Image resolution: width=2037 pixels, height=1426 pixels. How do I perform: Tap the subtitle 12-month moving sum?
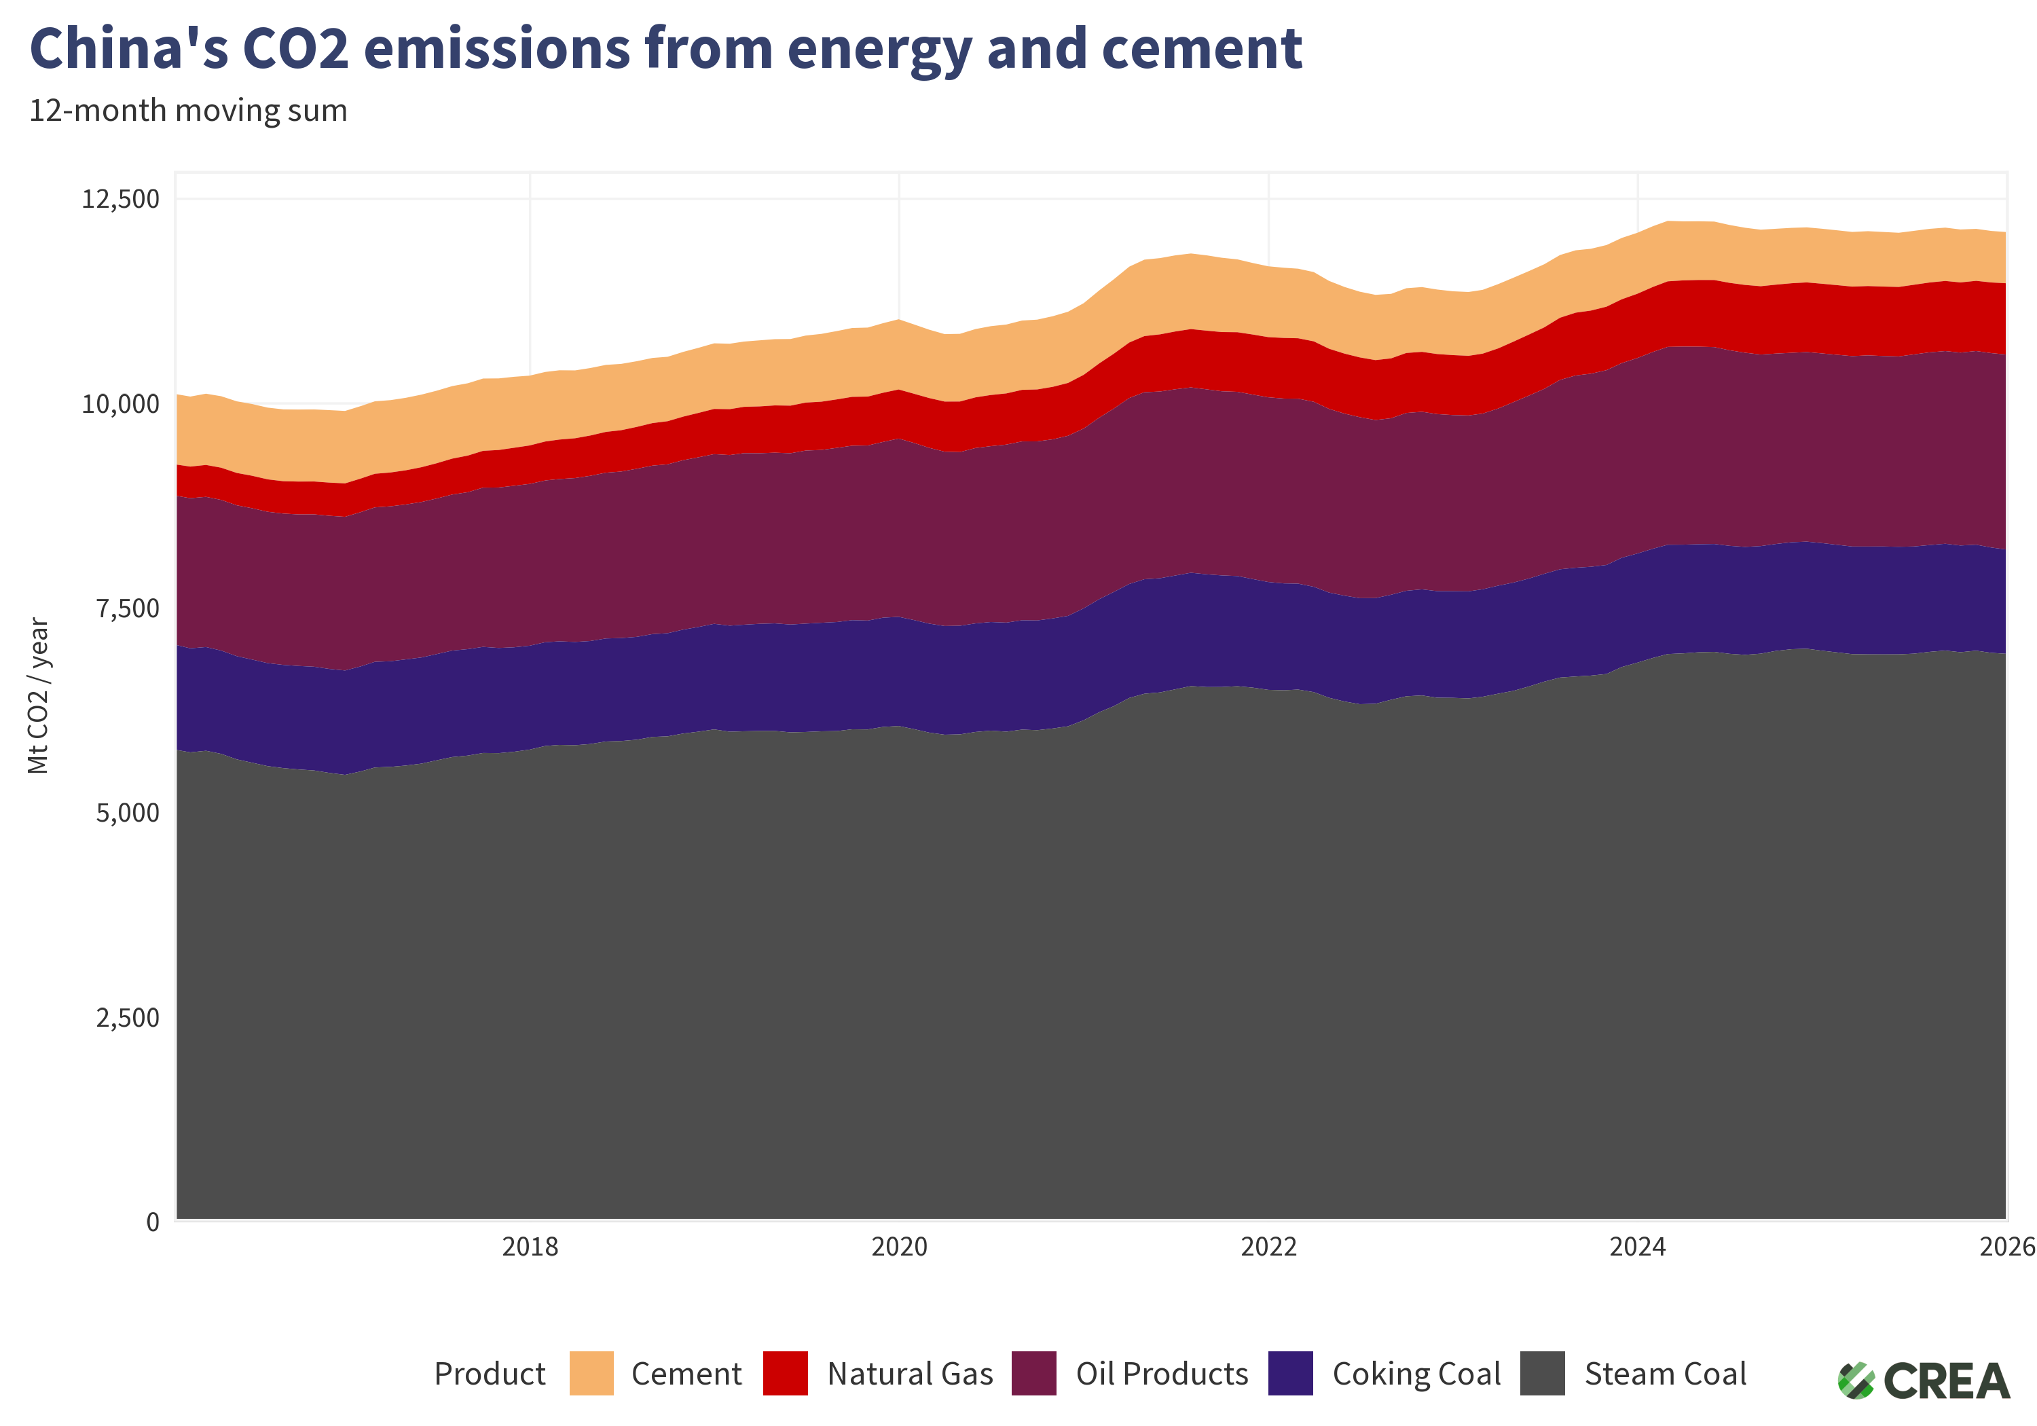tap(188, 111)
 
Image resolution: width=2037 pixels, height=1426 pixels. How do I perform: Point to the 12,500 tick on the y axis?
tap(121, 199)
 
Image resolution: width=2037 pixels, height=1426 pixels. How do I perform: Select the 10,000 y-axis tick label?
tap(121, 404)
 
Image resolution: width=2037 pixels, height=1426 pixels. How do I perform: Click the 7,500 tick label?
tap(128, 608)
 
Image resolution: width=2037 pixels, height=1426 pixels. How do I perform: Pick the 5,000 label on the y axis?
tap(128, 813)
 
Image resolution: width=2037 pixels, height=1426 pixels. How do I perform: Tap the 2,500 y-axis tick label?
tap(128, 1018)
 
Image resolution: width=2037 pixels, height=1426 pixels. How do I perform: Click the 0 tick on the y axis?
tap(153, 1222)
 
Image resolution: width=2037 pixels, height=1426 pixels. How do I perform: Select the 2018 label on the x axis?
tap(530, 1247)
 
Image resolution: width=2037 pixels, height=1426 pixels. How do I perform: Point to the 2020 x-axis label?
tap(899, 1247)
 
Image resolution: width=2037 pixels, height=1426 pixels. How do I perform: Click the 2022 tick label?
tap(1268, 1247)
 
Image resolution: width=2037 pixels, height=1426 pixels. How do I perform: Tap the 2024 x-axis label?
tap(1637, 1247)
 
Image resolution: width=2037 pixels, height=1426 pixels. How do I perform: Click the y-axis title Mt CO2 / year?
tap(38, 696)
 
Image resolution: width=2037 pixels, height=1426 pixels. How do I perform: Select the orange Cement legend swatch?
tap(591, 1374)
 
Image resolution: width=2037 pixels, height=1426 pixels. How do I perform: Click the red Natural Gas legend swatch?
tap(785, 1374)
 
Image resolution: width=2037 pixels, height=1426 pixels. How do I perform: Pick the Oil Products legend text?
tap(1161, 1374)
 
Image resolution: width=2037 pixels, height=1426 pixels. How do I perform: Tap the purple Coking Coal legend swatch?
tap(1290, 1374)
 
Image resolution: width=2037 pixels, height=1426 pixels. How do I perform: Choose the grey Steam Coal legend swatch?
tap(1542, 1374)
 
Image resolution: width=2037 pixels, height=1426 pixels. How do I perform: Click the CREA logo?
tap(1924, 1381)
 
